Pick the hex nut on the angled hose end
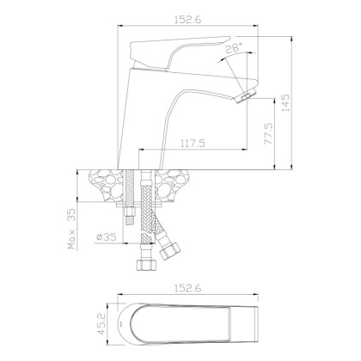[168, 253]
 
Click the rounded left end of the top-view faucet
[129, 326]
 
